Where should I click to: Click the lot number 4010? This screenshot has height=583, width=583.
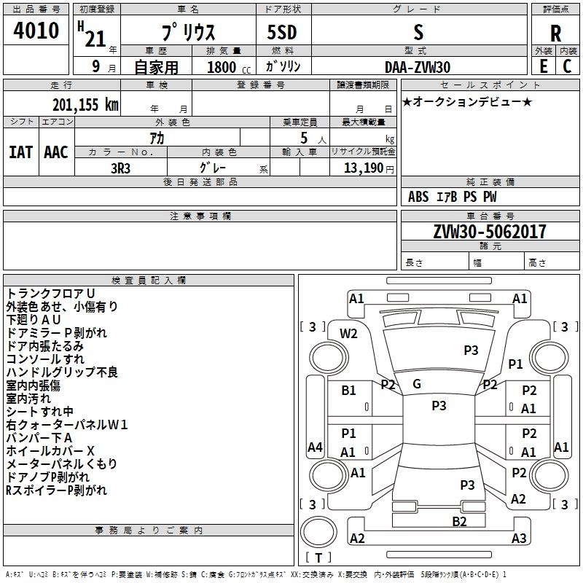(x=36, y=31)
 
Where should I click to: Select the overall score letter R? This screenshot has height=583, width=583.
(x=555, y=34)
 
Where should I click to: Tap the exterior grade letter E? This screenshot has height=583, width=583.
(x=543, y=66)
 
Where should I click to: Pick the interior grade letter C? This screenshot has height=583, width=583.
(x=567, y=66)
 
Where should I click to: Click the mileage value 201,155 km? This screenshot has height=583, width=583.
(x=85, y=104)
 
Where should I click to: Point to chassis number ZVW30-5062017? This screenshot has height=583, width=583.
(x=490, y=232)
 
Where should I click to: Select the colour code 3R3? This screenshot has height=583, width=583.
(x=121, y=168)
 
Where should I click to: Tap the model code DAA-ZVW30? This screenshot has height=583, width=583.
(x=418, y=67)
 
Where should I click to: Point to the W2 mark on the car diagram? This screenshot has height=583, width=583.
(x=349, y=333)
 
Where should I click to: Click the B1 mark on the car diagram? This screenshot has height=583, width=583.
(x=349, y=390)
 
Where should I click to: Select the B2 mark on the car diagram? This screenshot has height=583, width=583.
(x=459, y=520)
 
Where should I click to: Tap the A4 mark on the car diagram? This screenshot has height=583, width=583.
(x=315, y=447)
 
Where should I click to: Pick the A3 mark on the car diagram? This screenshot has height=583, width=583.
(x=519, y=538)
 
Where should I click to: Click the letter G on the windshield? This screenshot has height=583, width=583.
(x=417, y=383)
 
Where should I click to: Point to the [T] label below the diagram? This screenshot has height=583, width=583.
(x=318, y=557)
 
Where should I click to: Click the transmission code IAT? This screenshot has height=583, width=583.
(x=20, y=152)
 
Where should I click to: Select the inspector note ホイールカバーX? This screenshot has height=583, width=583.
(x=50, y=450)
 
